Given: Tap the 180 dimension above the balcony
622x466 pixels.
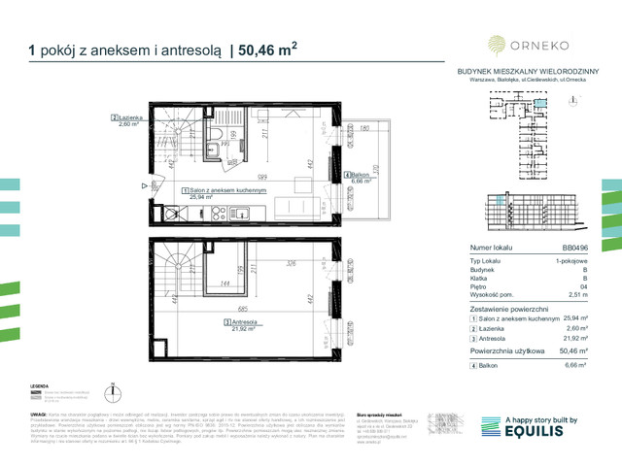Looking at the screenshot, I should [x=363, y=128].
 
